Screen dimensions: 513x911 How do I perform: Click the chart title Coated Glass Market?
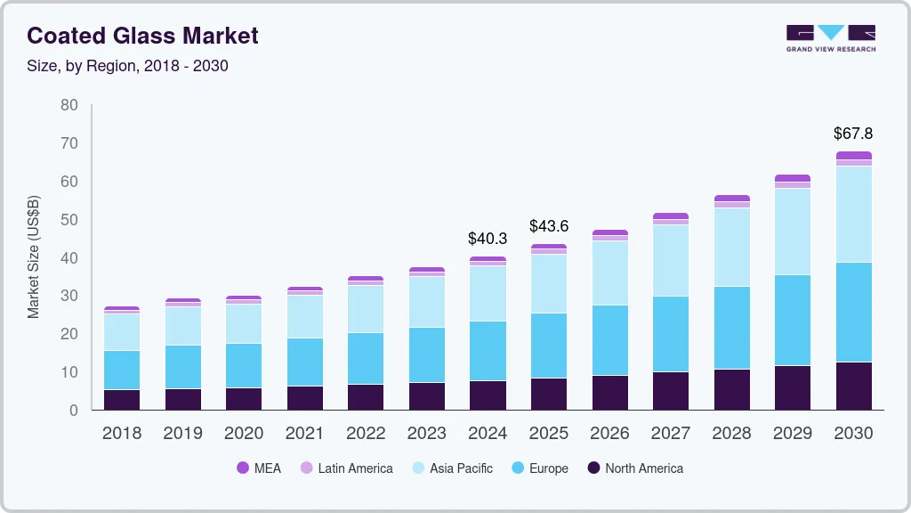[x=142, y=36]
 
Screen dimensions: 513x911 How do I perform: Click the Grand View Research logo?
[x=831, y=38]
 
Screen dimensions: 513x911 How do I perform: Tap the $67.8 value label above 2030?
[x=853, y=134]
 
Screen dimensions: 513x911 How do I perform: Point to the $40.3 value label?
[x=488, y=239]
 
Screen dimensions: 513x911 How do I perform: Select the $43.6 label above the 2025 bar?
[x=549, y=226]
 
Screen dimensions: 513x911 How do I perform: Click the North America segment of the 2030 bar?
[x=854, y=386]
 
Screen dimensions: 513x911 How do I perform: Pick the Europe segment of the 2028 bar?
[x=732, y=328]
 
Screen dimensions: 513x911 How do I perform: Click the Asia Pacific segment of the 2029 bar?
[x=793, y=232]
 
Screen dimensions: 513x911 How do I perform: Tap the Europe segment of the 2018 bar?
[x=122, y=370]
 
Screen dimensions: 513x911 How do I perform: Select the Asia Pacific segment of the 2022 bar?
[x=366, y=309]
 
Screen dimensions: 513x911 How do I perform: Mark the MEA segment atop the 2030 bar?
[x=854, y=155]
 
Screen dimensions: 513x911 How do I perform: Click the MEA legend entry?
[x=259, y=468]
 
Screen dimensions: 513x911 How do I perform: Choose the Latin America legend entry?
[x=346, y=468]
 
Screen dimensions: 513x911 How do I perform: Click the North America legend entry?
[x=634, y=468]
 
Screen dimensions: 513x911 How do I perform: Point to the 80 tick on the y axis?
[x=69, y=105]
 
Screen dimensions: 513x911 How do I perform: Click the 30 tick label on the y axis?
[x=69, y=296]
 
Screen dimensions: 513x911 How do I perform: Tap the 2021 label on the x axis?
[x=305, y=434]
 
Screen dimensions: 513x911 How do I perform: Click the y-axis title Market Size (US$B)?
[x=34, y=257]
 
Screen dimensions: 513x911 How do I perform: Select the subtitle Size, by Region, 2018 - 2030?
[x=127, y=66]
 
